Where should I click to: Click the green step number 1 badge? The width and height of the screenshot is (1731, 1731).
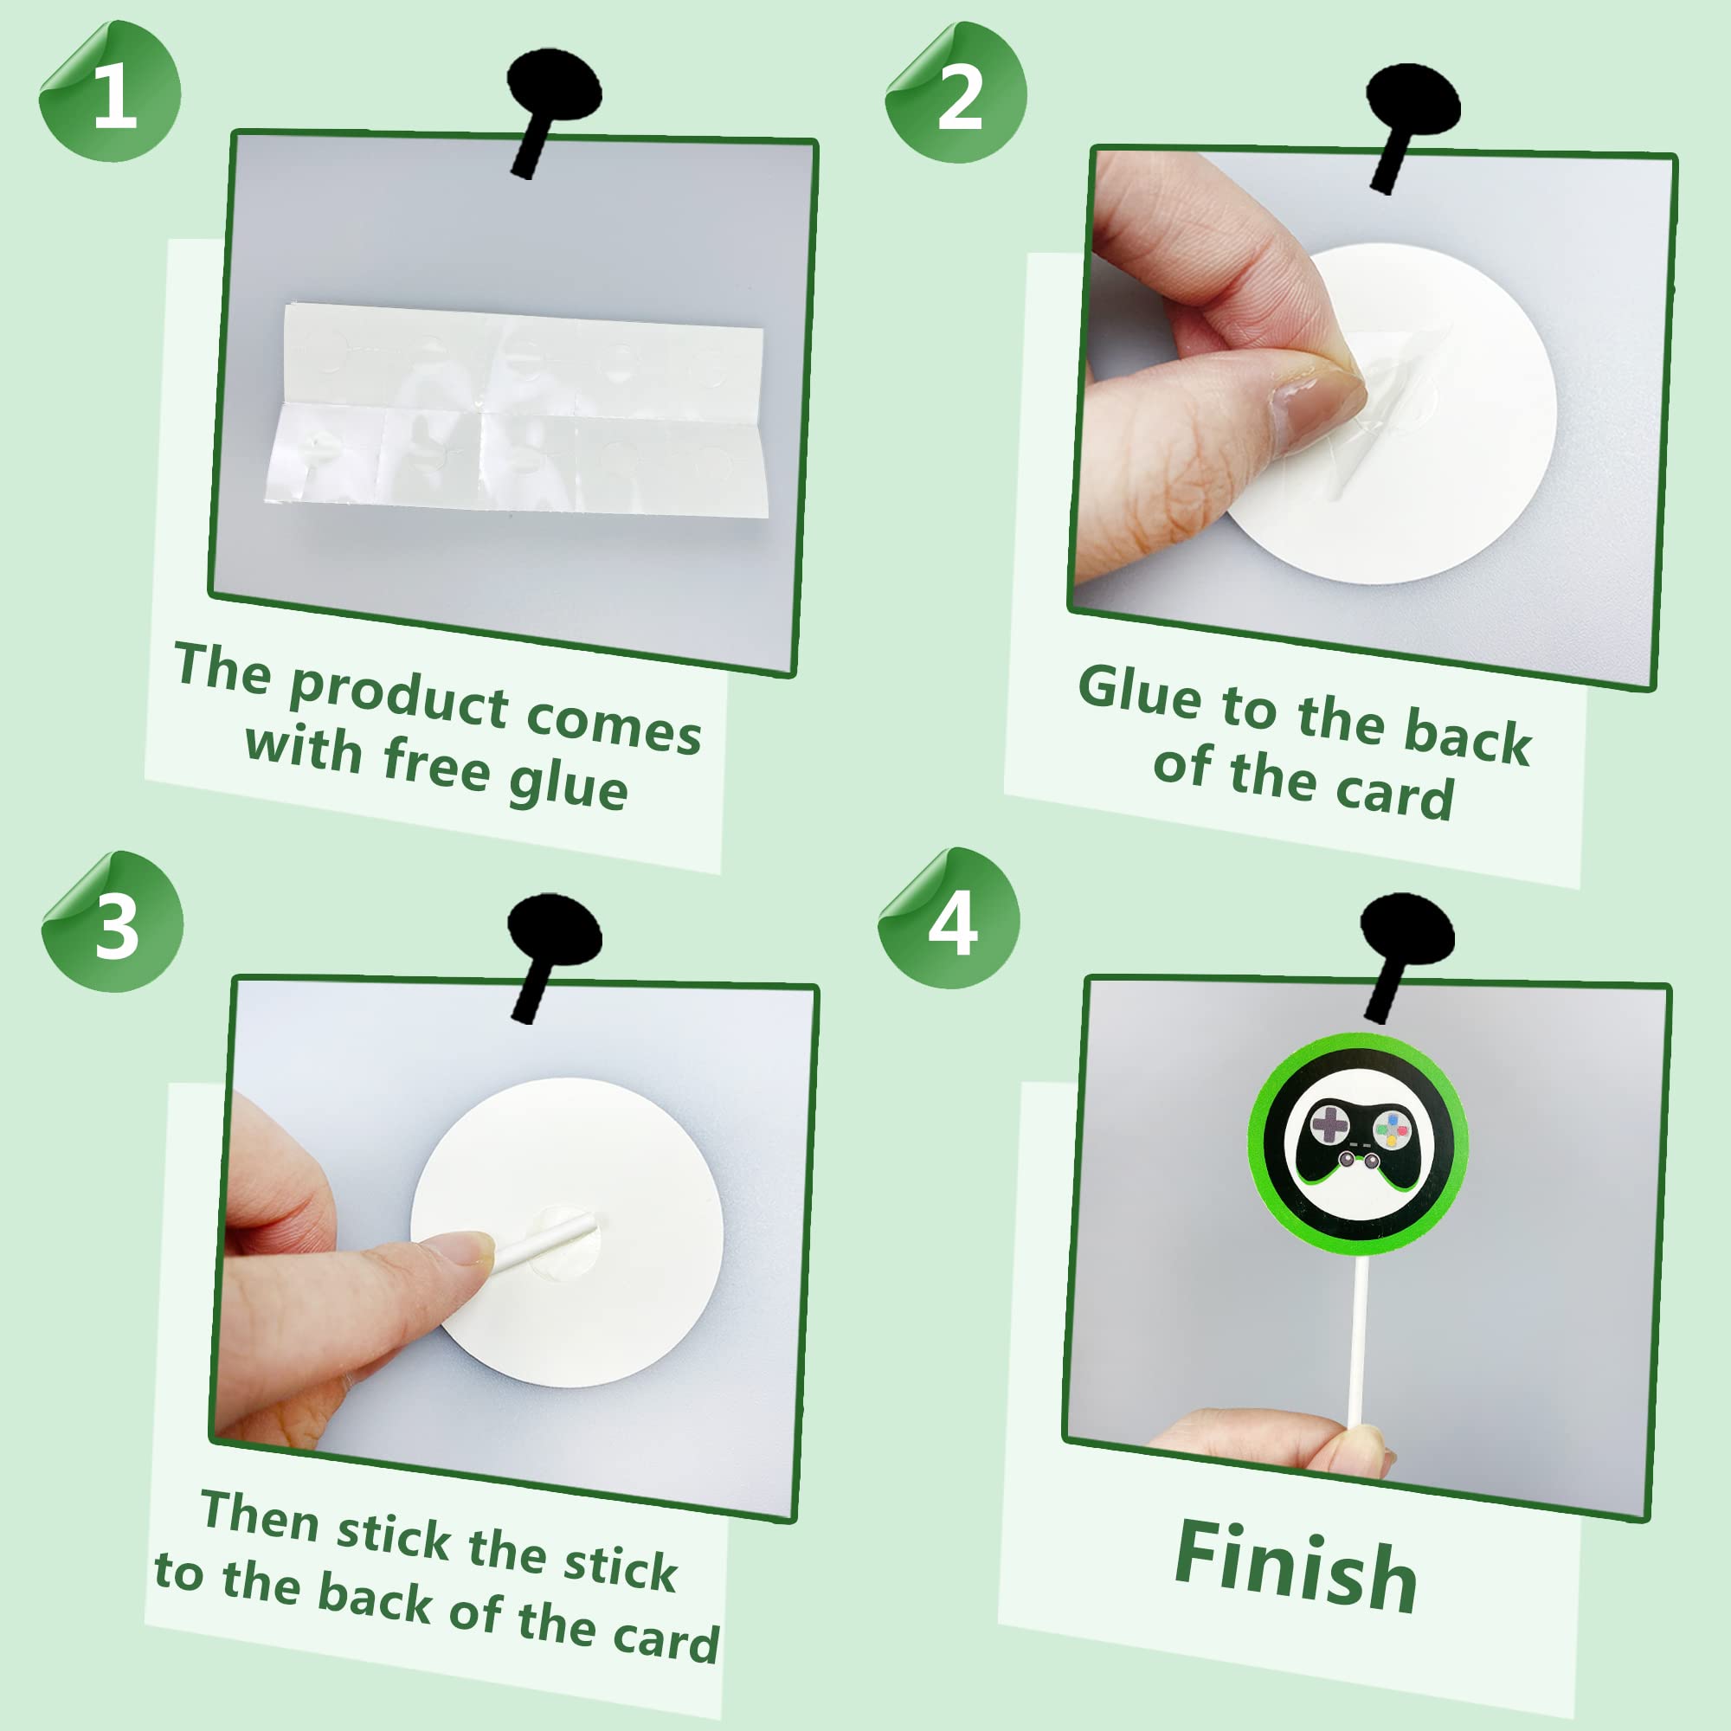coord(109,92)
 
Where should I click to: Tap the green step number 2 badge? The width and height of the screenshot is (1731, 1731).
coord(956,93)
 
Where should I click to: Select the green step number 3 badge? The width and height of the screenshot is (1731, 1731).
coord(112,922)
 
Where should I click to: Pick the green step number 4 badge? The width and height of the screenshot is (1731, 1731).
coord(949,918)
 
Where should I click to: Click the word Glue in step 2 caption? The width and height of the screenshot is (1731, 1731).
coord(1139,692)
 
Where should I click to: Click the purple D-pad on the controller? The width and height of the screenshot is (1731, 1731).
coord(1329,1123)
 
